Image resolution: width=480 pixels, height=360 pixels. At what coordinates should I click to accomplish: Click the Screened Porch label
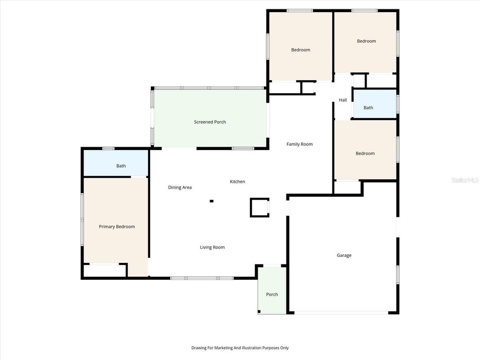click(x=210, y=122)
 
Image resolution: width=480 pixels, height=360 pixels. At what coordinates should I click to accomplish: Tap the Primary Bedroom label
click(x=117, y=227)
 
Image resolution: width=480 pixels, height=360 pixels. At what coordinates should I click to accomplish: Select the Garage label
click(x=344, y=255)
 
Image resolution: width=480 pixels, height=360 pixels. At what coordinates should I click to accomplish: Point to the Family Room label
click(x=300, y=144)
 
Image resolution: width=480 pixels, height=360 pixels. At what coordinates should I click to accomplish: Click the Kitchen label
click(x=237, y=182)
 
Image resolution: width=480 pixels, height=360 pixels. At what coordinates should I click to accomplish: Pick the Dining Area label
click(x=180, y=187)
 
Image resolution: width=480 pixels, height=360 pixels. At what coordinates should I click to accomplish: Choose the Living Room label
click(x=212, y=247)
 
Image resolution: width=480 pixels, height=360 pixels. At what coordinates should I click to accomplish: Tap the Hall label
click(x=343, y=100)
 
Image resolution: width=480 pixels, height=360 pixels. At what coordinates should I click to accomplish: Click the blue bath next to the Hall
click(x=374, y=104)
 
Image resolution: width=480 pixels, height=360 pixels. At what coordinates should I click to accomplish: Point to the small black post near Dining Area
click(x=211, y=201)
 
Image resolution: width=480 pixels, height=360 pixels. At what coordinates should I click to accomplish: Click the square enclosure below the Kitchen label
click(x=260, y=207)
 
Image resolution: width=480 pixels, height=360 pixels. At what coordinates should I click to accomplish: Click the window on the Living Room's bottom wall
click(x=202, y=278)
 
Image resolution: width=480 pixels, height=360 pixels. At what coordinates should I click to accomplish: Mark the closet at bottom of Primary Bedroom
click(x=104, y=271)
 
